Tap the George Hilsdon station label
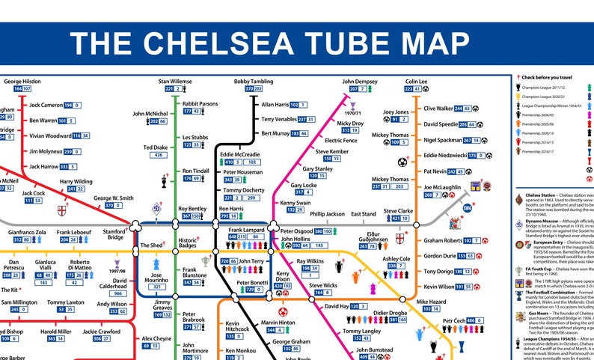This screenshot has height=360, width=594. point(22,81)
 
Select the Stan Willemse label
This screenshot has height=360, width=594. point(174,81)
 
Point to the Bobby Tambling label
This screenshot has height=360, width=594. point(252,81)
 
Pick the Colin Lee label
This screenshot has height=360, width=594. point(417,81)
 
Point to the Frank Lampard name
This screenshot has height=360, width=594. point(246,229)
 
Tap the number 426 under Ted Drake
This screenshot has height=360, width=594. point(159,156)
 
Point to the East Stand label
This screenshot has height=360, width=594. point(364,214)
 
